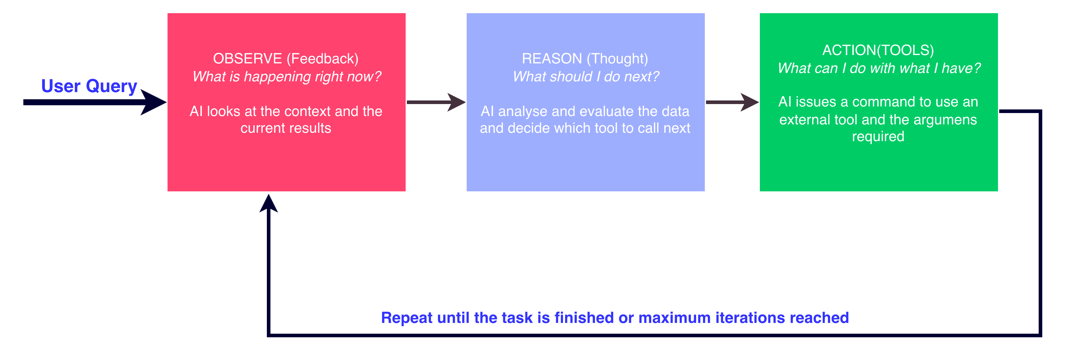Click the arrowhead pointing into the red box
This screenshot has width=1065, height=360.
(x=153, y=102)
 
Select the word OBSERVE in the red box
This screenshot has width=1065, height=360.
(x=247, y=59)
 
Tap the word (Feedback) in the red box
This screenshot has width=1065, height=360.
(x=323, y=59)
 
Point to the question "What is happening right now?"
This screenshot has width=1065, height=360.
(x=287, y=77)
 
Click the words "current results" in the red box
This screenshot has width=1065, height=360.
(x=286, y=128)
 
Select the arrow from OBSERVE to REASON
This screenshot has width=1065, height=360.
(x=436, y=102)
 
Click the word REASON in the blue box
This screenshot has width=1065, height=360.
(x=552, y=59)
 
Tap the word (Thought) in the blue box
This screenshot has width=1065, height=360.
(x=617, y=59)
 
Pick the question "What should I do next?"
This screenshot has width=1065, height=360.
(x=586, y=77)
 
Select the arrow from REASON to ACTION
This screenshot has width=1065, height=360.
(x=732, y=102)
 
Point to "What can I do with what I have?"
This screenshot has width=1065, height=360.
(x=879, y=68)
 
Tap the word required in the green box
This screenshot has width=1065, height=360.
(x=878, y=136)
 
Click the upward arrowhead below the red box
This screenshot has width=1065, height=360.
(x=269, y=203)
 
